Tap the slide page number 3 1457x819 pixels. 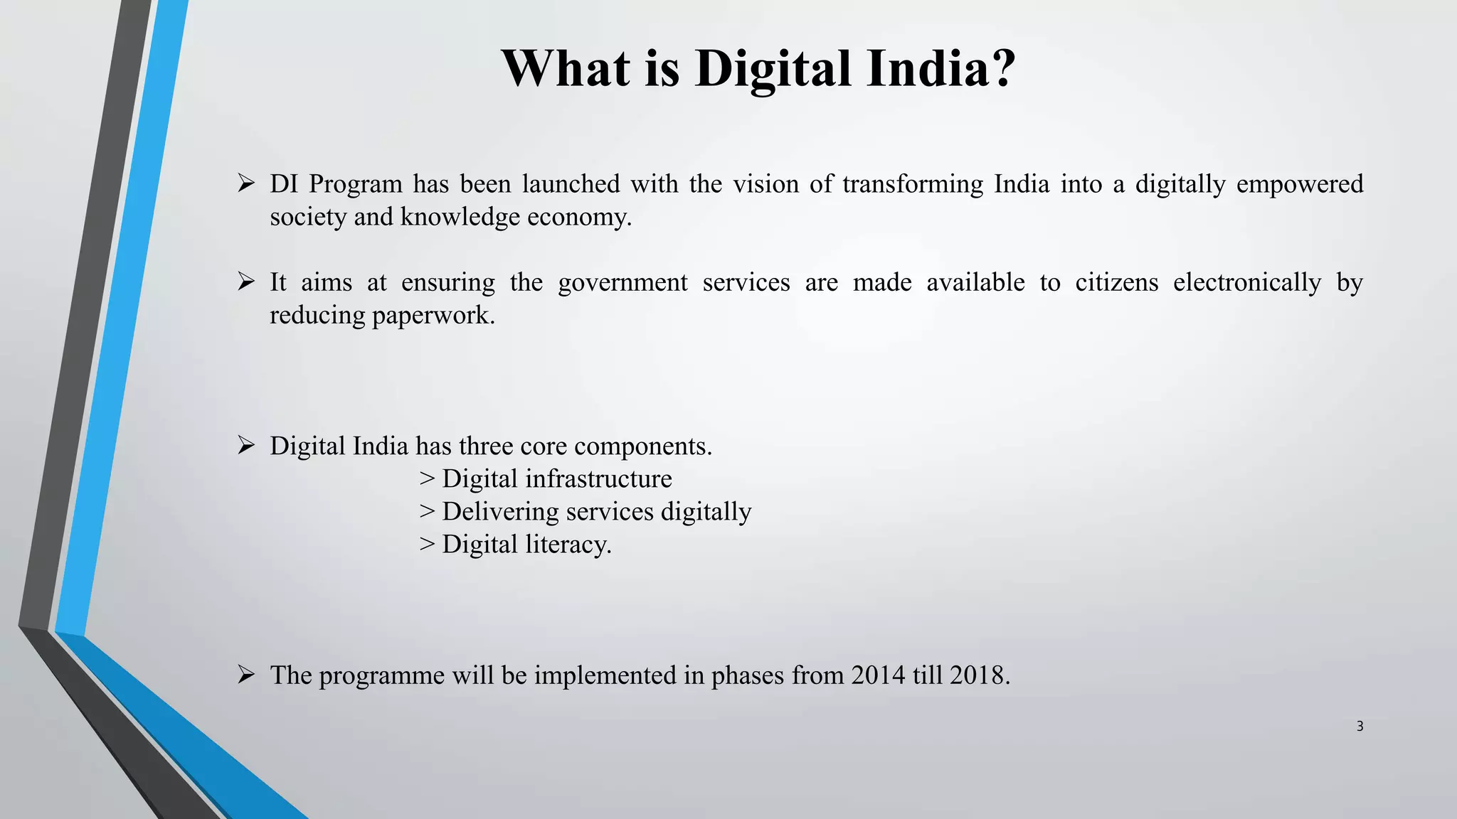pos(1360,727)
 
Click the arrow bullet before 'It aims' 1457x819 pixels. pos(246,282)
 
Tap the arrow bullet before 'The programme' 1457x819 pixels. pos(246,675)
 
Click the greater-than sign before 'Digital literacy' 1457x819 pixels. pos(427,545)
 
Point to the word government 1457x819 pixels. pos(622,283)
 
